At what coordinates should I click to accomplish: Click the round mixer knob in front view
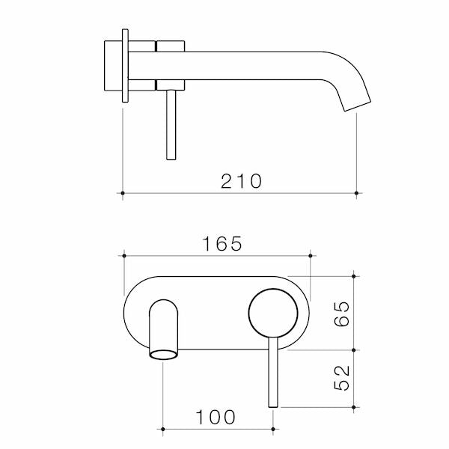(272, 314)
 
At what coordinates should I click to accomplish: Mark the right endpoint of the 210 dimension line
(357, 194)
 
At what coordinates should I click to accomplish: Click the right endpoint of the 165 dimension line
(311, 257)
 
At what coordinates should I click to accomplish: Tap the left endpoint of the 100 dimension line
(163, 430)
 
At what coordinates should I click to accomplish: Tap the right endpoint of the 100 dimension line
(273, 430)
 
